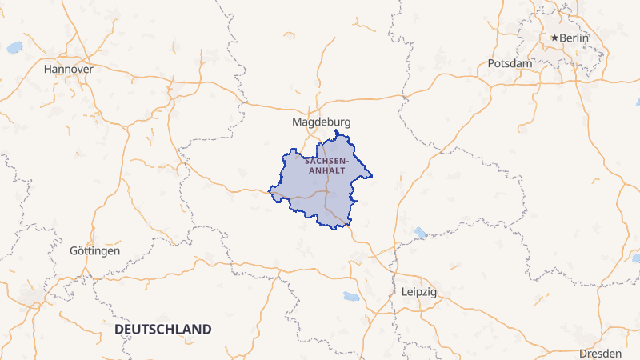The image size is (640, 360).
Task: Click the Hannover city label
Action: tap(69, 69)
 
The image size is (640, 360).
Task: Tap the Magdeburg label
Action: tap(322, 122)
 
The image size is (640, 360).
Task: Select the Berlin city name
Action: tap(574, 38)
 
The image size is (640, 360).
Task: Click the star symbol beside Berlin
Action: tap(554, 38)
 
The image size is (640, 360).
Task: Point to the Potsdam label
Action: tap(510, 63)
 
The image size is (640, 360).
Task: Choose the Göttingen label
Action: tap(95, 250)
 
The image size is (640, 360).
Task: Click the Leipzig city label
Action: tap(418, 292)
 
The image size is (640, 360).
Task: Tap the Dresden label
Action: tap(601, 353)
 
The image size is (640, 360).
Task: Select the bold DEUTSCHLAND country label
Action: tap(163, 330)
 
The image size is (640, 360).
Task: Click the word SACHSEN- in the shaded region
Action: tap(326, 160)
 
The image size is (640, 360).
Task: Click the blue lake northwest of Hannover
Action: tap(14, 48)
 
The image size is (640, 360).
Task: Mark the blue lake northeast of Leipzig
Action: tap(419, 233)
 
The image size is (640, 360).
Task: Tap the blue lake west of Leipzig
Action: tap(351, 297)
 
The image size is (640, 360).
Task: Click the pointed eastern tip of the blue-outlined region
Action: tap(372, 176)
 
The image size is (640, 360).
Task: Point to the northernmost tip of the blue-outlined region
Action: tap(336, 130)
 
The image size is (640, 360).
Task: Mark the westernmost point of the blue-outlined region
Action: tap(270, 190)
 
